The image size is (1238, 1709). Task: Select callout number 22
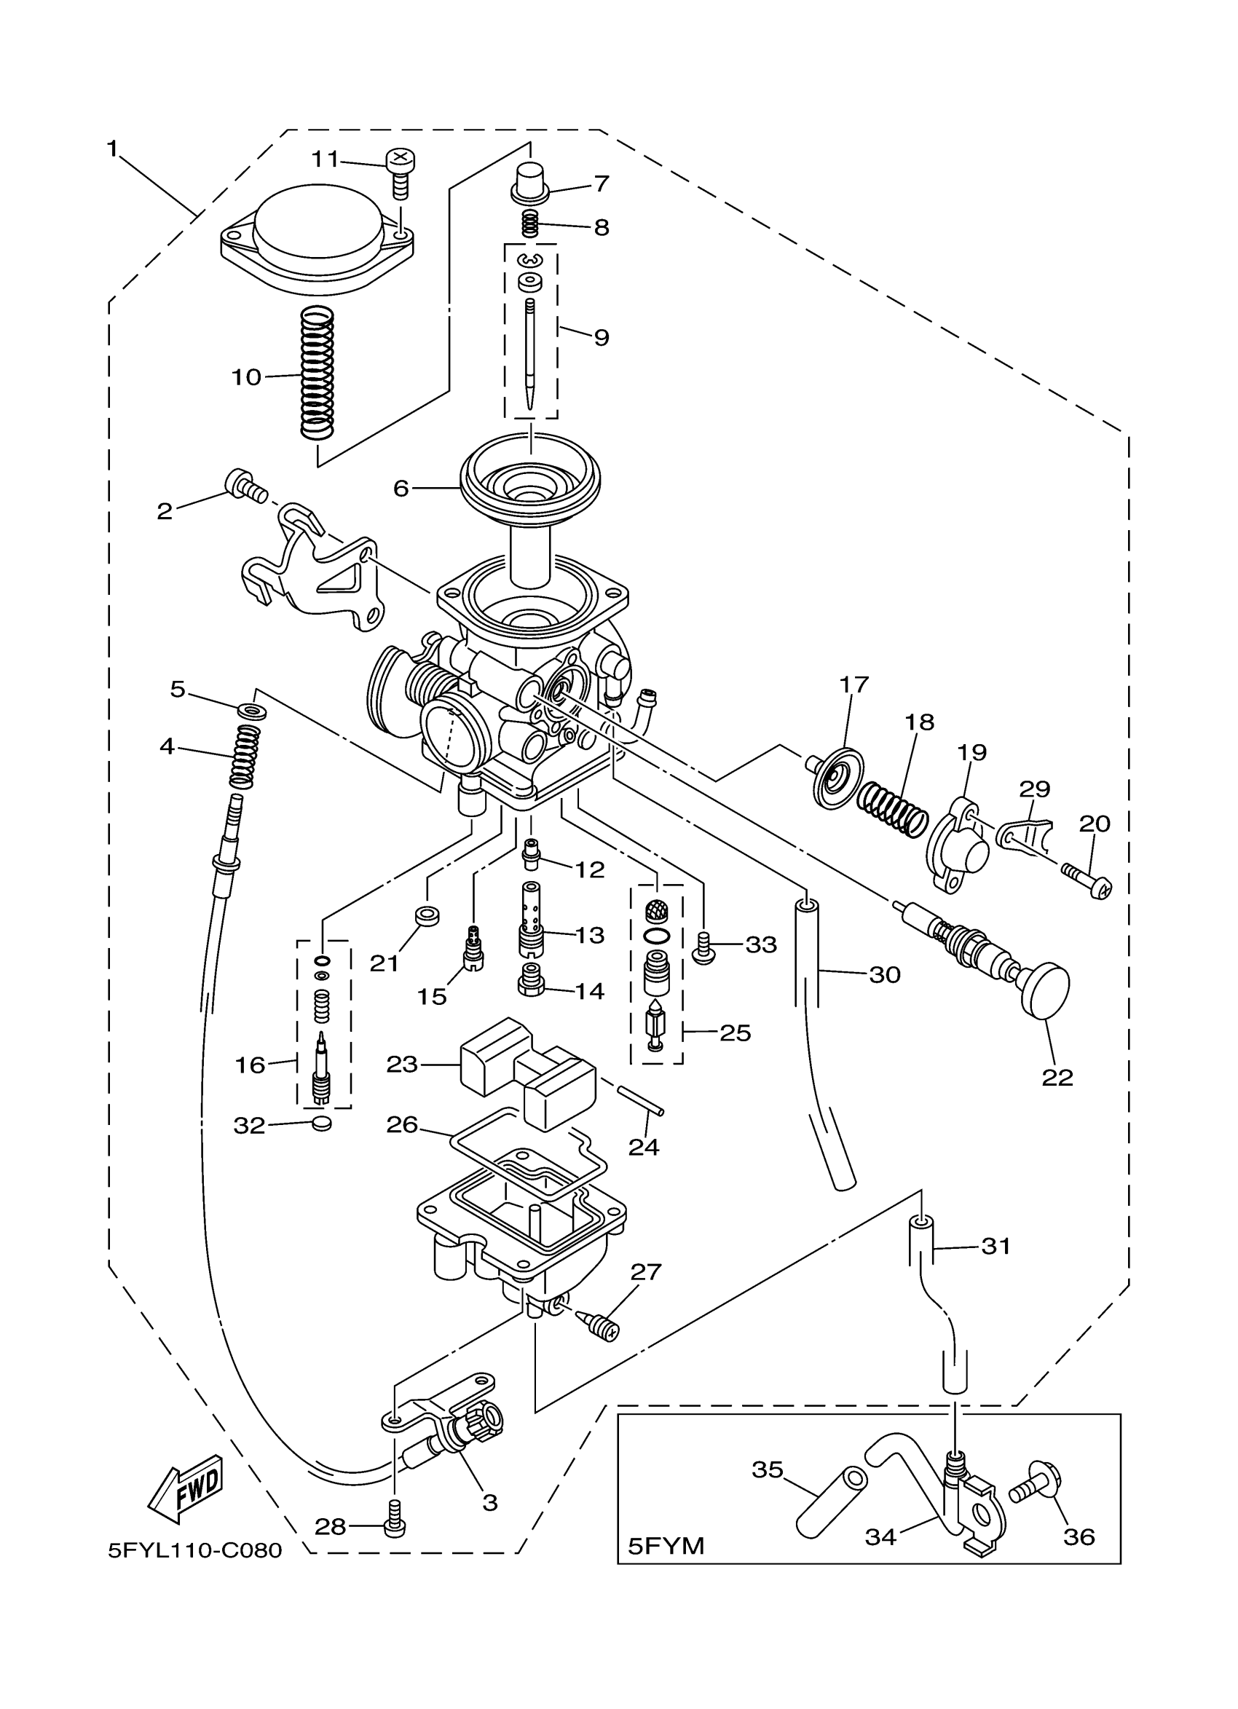click(1057, 1078)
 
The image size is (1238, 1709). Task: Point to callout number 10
click(245, 376)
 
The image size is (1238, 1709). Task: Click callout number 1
click(112, 149)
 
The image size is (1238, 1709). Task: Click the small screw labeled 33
click(702, 947)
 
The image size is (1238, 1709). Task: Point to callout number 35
click(767, 1470)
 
